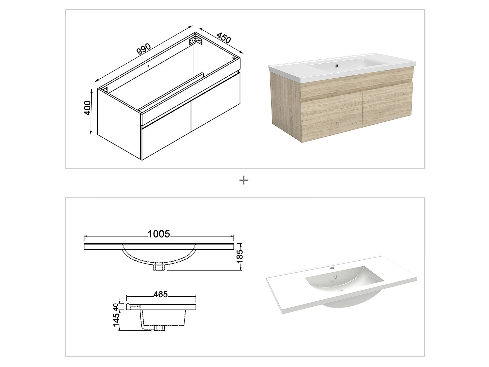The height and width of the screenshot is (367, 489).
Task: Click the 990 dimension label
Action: [143, 49]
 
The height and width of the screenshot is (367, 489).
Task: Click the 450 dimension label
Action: [223, 38]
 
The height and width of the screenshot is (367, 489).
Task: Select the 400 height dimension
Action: [87, 108]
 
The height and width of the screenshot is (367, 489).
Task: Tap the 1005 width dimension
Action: [159, 234]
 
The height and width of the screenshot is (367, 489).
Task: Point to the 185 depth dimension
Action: [240, 256]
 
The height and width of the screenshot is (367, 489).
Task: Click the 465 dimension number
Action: [160, 294]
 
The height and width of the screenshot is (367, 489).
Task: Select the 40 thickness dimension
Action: [116, 307]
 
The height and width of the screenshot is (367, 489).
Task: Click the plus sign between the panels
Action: [244, 180]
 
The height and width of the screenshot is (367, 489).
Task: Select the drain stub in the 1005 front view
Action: [159, 267]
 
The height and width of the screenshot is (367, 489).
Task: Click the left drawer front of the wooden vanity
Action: [331, 117]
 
